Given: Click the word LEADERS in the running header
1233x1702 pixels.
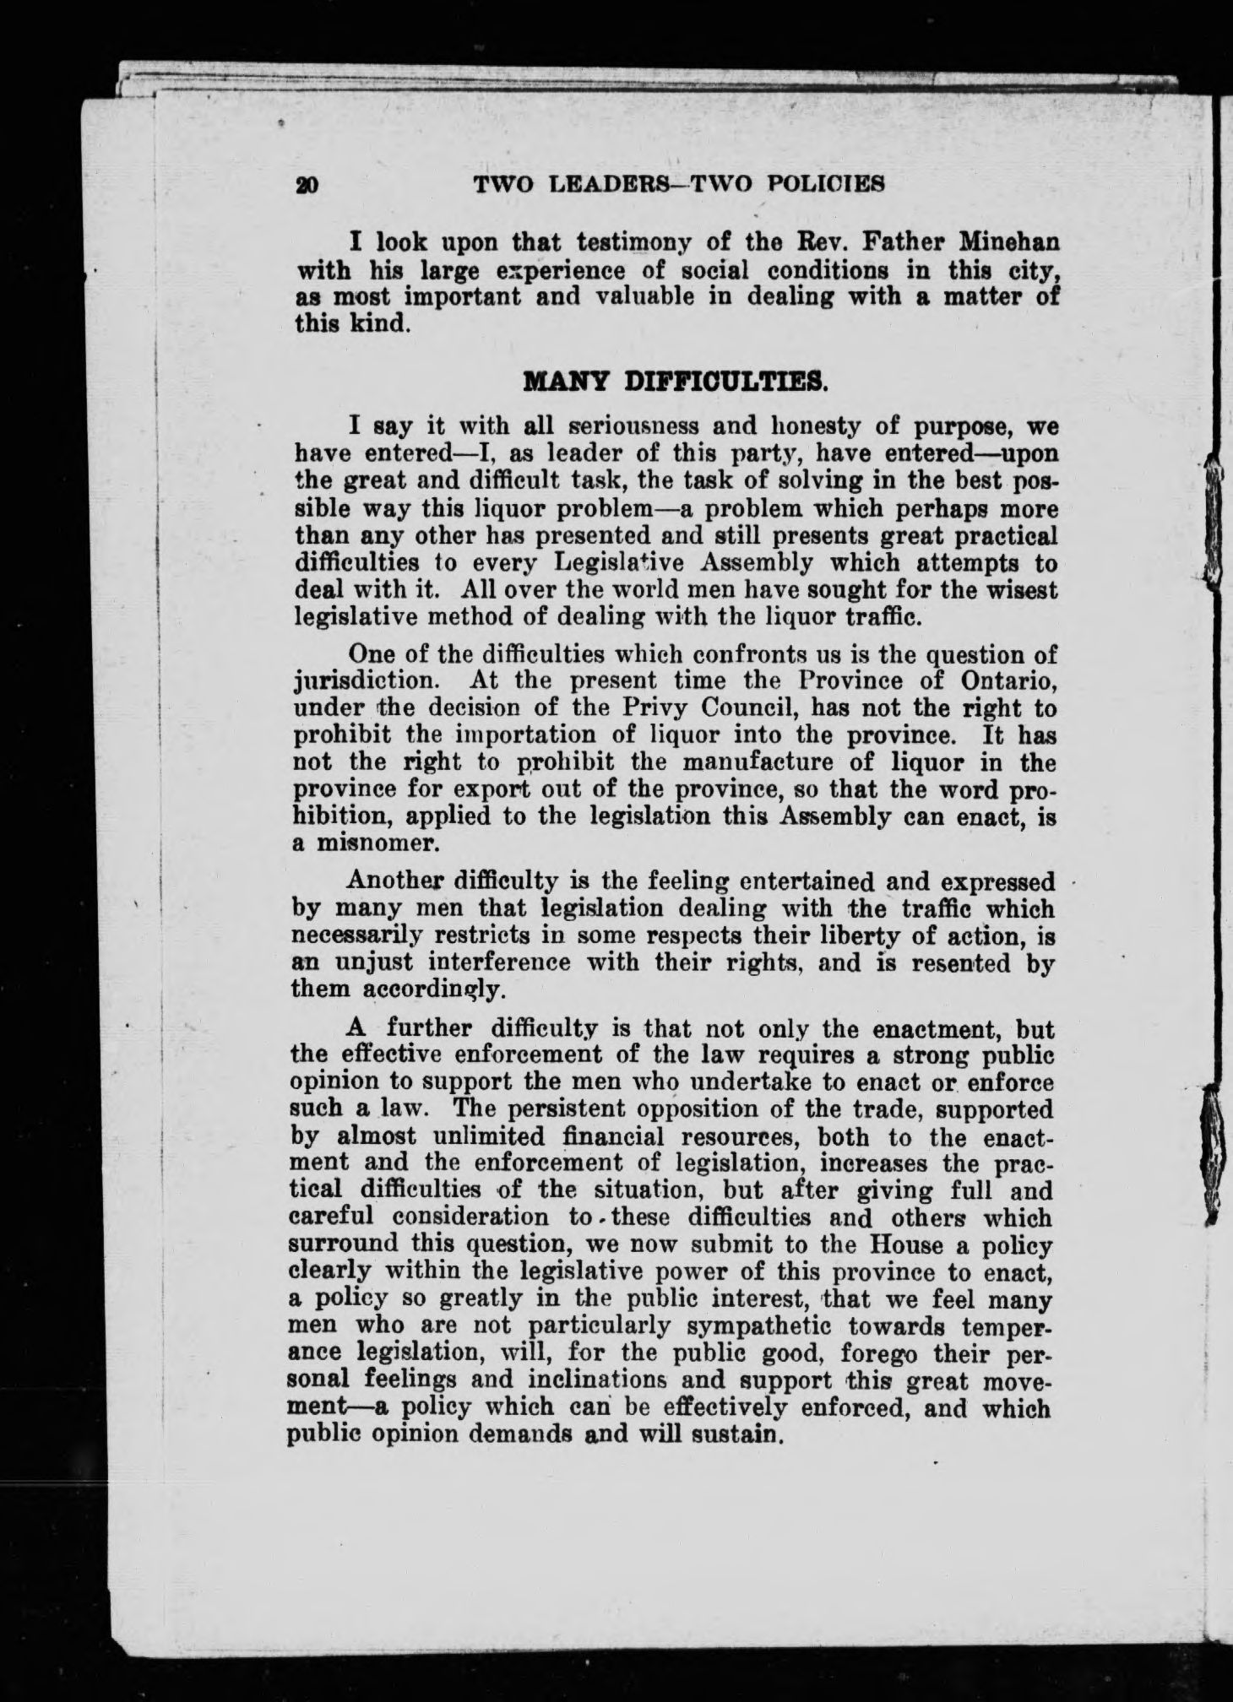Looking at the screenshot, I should point(611,183).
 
